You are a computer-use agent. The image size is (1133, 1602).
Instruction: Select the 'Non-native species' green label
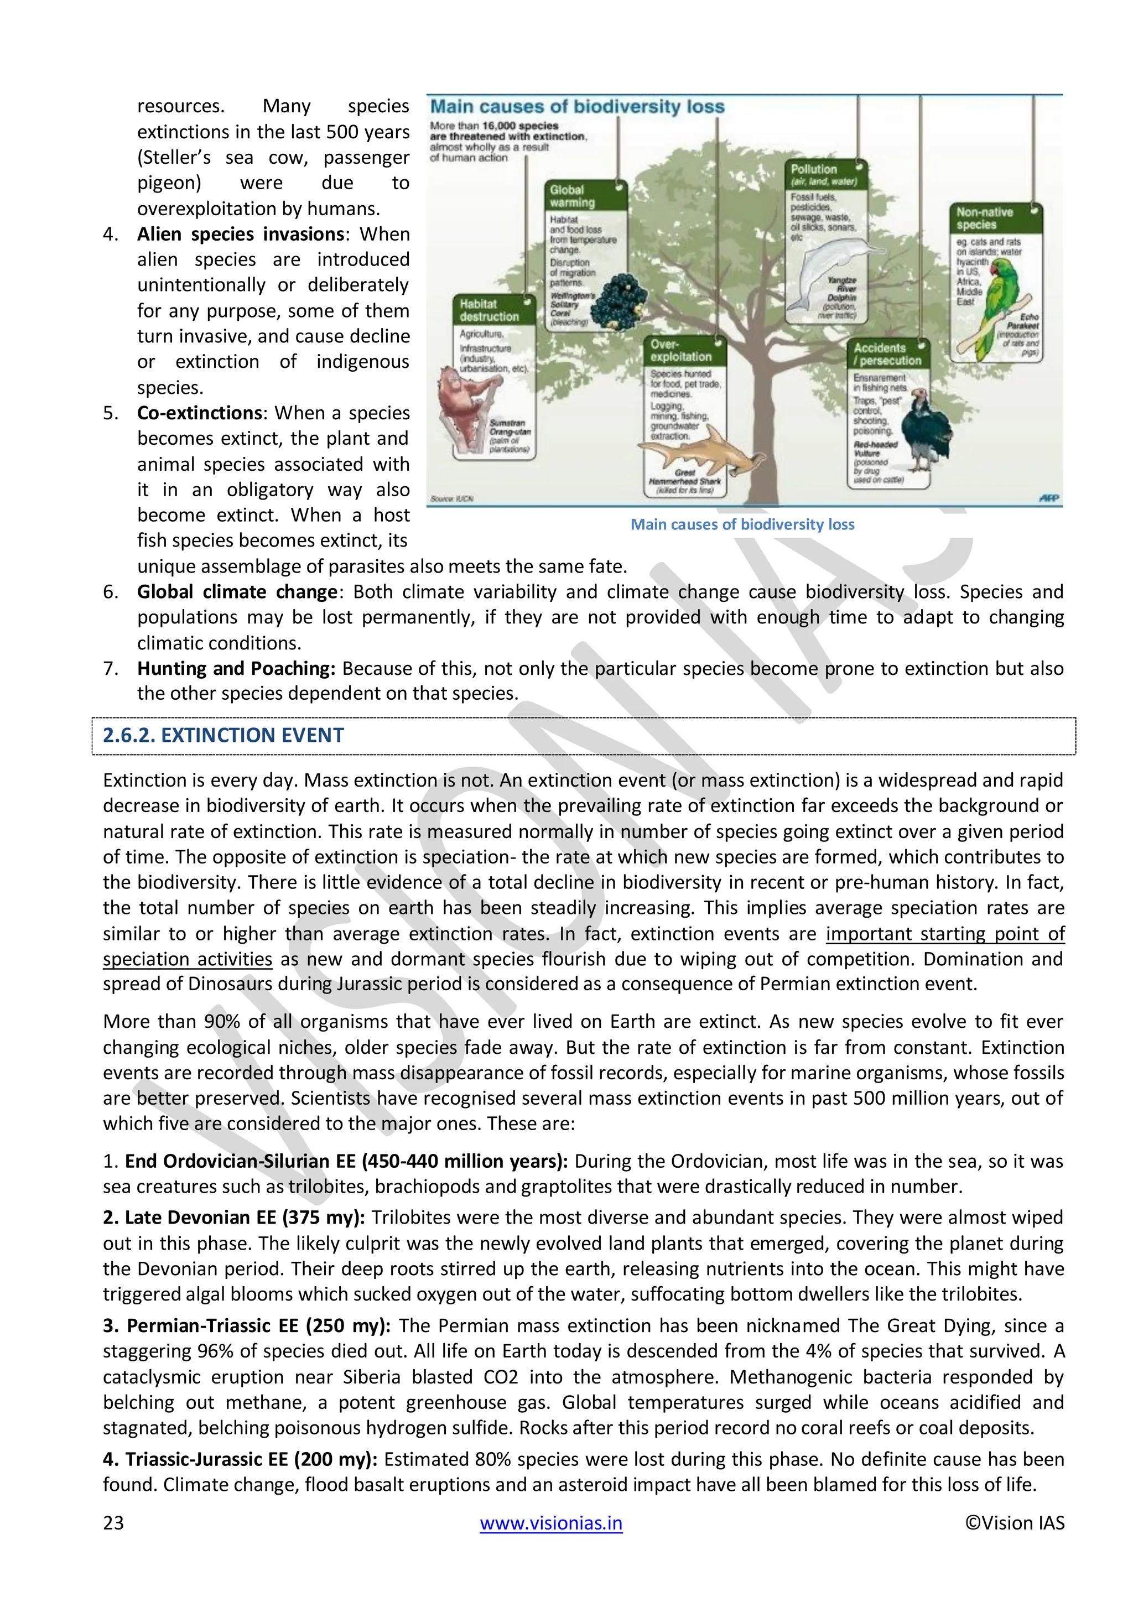[x=994, y=218]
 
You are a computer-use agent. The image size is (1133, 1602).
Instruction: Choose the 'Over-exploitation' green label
[x=685, y=351]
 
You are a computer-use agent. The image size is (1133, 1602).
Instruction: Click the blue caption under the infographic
[x=742, y=525]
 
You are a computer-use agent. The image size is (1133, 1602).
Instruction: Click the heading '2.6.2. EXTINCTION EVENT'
[x=224, y=735]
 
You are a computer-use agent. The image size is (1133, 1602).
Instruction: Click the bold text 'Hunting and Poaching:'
[x=236, y=668]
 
